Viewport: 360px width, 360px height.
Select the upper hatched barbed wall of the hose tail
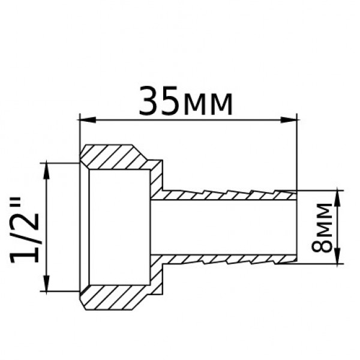pyautogui.click(x=228, y=195)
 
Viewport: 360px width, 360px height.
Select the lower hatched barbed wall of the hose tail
pyautogui.click(x=228, y=259)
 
